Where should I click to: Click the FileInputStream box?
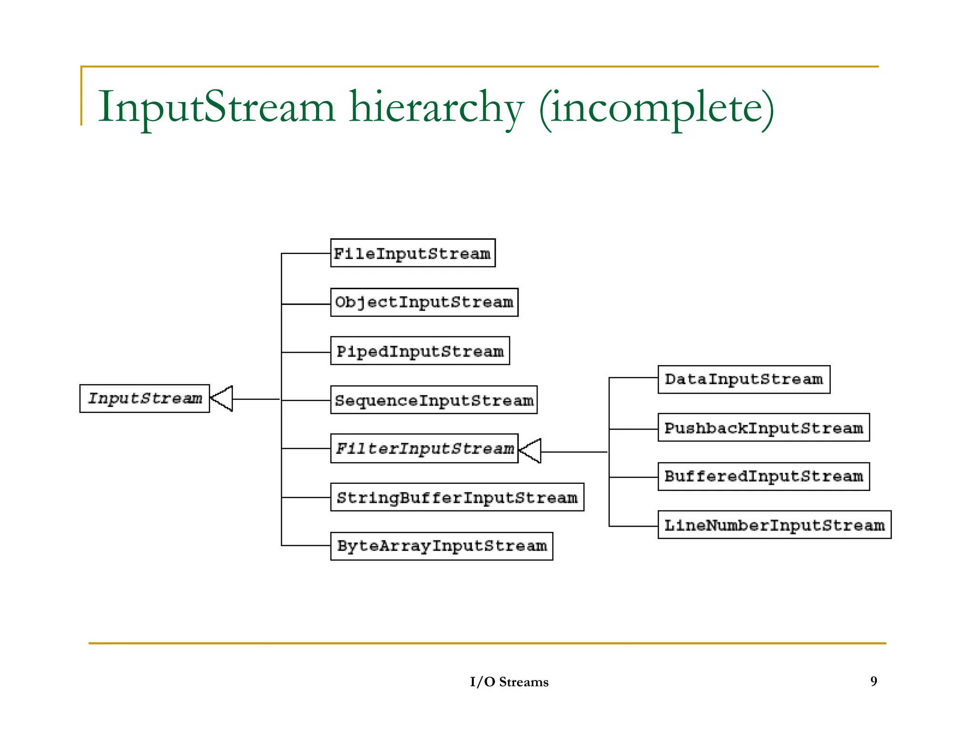tap(413, 253)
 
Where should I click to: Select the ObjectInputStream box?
tap(424, 302)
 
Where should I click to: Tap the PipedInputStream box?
tap(420, 351)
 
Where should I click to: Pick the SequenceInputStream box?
tap(434, 400)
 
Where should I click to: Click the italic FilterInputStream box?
tap(424, 448)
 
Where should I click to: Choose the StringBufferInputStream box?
tap(457, 497)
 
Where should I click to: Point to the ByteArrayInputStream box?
tap(441, 546)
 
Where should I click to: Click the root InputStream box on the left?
tap(145, 398)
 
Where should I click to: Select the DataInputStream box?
tap(744, 379)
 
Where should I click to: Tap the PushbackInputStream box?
tap(764, 428)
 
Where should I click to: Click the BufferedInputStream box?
tap(764, 476)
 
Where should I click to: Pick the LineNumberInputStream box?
tap(774, 525)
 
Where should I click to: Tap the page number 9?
tap(874, 681)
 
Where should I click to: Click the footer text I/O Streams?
tap(509, 682)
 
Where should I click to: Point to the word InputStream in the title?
tap(217, 108)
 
